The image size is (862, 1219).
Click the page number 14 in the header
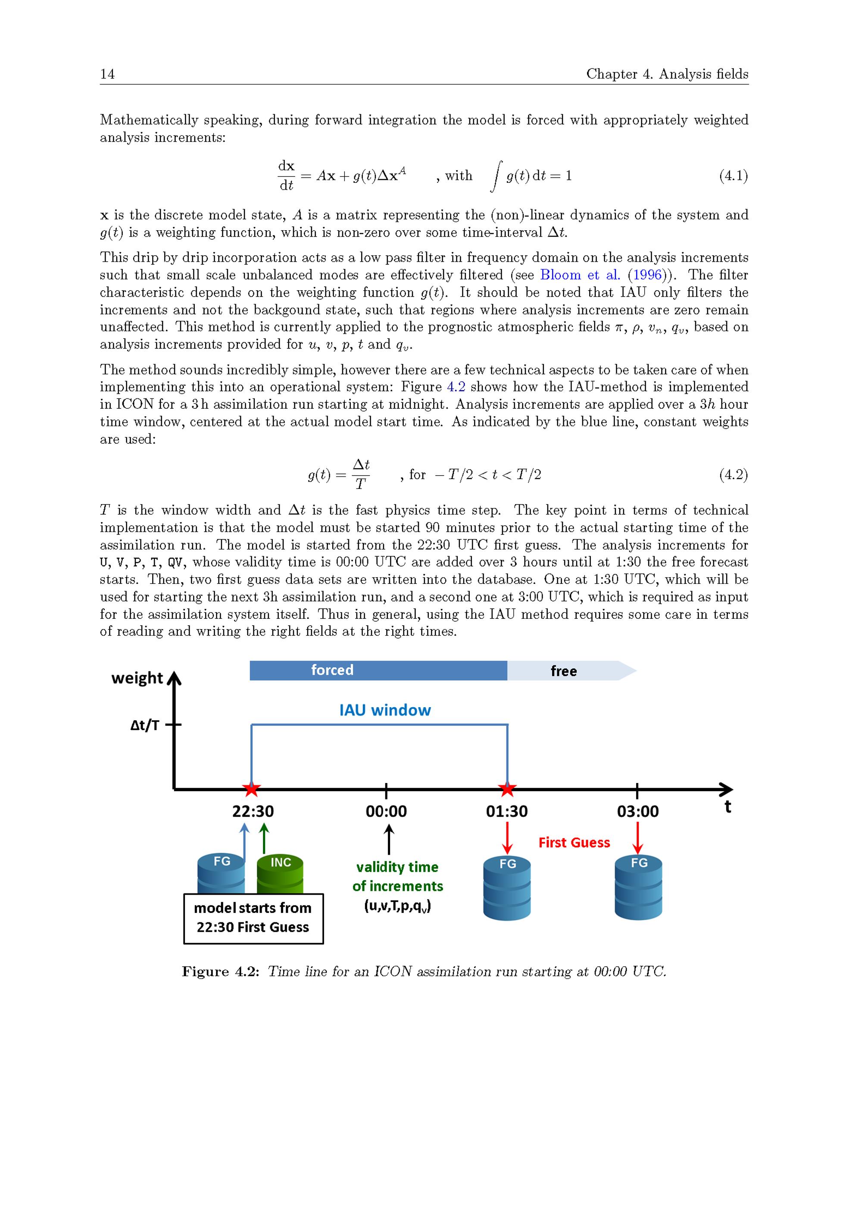coord(107,74)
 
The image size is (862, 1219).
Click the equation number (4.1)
coord(733,176)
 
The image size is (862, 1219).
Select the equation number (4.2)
coord(733,474)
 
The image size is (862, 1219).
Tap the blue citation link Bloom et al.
coord(580,275)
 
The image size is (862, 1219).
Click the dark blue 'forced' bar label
coord(332,670)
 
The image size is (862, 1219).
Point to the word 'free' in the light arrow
coord(563,671)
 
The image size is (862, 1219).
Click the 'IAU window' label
coord(385,710)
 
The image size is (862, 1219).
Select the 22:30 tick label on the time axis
coord(253,811)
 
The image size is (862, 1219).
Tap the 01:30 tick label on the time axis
coord(507,811)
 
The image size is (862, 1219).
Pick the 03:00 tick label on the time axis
coord(637,811)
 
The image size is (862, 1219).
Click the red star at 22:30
coord(252,790)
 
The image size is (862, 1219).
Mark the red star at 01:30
coord(507,790)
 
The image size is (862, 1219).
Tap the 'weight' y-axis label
coord(137,678)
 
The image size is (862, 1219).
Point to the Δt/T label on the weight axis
coord(144,725)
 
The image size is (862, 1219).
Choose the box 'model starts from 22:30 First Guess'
coord(253,918)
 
